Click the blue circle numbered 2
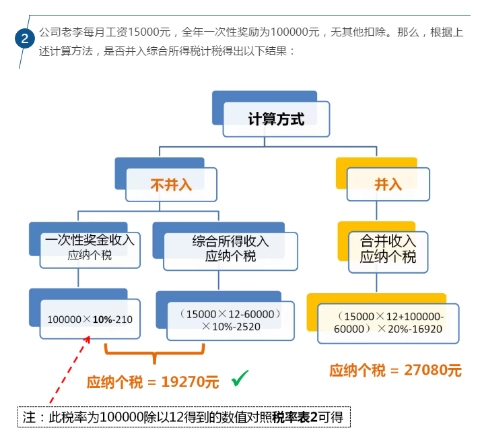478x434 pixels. [25, 38]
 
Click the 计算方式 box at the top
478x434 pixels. [276, 119]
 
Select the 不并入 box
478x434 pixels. [171, 185]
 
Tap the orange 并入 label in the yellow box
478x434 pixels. [388, 185]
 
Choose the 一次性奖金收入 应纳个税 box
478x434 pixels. [90, 250]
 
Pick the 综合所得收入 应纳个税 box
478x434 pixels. [230, 251]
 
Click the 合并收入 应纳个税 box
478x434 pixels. [388, 252]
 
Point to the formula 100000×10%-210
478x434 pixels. [90, 319]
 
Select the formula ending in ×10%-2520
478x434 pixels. [230, 320]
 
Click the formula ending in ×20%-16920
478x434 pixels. [388, 323]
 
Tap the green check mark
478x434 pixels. [240, 378]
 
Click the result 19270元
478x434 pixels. [190, 382]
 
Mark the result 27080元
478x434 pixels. [433, 370]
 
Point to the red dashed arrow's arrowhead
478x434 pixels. [88, 339]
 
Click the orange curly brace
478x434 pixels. [155, 354]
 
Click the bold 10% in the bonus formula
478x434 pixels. [102, 319]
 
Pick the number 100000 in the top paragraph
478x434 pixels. [295, 32]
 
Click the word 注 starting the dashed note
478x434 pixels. [29, 417]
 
